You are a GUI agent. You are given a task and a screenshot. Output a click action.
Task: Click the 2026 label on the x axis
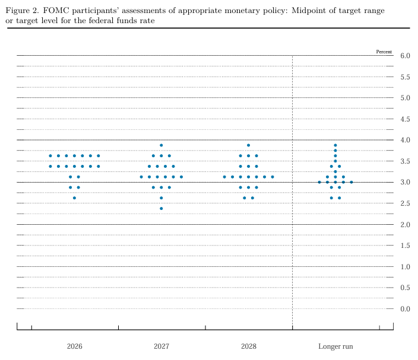click(74, 346)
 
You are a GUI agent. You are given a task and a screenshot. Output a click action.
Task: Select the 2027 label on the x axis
click(161, 346)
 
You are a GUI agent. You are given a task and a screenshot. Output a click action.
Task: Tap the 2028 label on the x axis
click(248, 346)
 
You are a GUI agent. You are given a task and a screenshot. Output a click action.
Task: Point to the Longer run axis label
click(335, 346)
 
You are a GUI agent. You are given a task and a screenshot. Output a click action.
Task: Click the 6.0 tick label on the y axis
click(406, 56)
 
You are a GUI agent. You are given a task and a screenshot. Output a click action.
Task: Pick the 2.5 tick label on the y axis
click(406, 203)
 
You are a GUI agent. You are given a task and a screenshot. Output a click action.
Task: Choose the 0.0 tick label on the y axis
click(406, 309)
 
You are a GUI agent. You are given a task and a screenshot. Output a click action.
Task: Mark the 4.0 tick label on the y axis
click(406, 140)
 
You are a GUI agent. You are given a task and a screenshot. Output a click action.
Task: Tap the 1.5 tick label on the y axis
click(406, 246)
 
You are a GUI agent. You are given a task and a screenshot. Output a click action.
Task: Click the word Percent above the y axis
click(384, 52)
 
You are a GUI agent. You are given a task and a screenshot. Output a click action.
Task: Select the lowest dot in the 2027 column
click(161, 209)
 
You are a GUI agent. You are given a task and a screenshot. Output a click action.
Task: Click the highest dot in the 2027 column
click(161, 145)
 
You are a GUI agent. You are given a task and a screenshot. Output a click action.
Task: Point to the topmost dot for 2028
click(248, 145)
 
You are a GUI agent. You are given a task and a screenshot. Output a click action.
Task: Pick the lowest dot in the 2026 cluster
click(74, 198)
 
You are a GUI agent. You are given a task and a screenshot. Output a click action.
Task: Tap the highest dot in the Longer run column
click(335, 145)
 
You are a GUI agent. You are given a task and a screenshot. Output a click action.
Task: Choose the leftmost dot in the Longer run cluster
click(319, 182)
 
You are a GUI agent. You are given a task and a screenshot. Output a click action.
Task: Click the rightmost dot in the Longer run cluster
click(351, 182)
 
